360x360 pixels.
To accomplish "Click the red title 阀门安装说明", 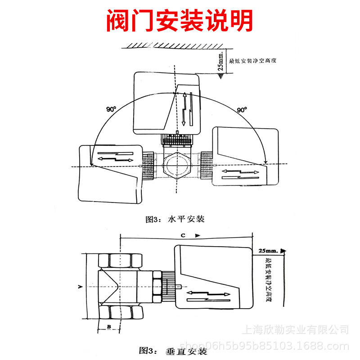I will pyautogui.click(x=180, y=20).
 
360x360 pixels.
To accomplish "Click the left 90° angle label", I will pyautogui.click(x=111, y=109).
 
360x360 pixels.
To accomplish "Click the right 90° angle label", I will pyautogui.click(x=242, y=109).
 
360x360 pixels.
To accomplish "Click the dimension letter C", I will pyautogui.click(x=183, y=235).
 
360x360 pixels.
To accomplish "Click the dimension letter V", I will pyautogui.click(x=79, y=286).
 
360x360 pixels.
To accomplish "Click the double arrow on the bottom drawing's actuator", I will pyautogui.click(x=208, y=293).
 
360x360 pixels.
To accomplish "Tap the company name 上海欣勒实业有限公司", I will pyautogui.click(x=296, y=330).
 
